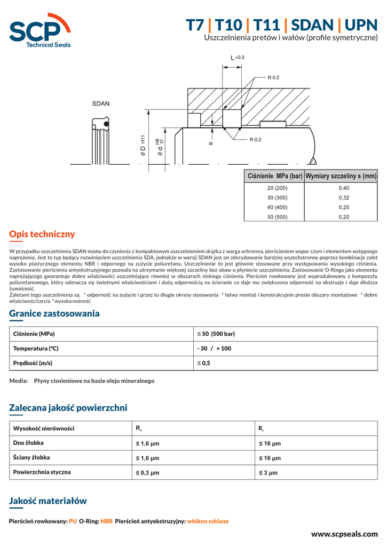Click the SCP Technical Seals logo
click(40, 30)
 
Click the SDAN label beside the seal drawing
click(100, 103)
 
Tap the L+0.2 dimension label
click(237, 58)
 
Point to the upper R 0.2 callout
click(273, 78)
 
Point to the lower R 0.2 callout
click(255, 140)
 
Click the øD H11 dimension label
click(143, 146)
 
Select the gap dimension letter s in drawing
click(211, 143)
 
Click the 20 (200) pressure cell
click(277, 188)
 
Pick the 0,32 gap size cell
click(344, 198)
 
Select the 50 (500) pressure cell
click(277, 217)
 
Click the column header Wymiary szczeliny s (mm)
click(341, 176)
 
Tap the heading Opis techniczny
click(42, 234)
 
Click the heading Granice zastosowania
click(54, 314)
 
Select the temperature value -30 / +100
click(214, 348)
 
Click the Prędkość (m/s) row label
click(33, 363)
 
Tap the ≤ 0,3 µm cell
click(147, 472)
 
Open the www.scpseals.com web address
click(344, 534)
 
